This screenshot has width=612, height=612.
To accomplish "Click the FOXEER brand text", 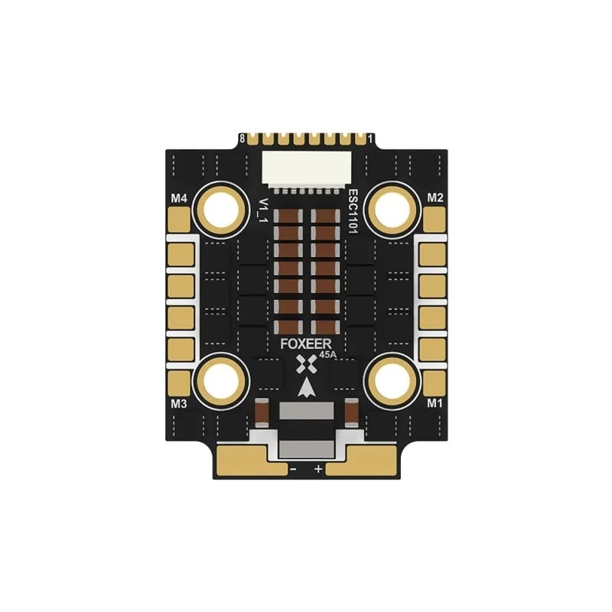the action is tap(306, 344).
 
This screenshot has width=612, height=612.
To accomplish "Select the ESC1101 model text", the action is tap(353, 211).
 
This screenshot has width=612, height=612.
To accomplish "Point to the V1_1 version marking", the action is tap(264, 211).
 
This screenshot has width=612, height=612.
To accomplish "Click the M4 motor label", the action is tap(179, 199).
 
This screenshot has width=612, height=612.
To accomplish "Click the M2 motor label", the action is tap(435, 198).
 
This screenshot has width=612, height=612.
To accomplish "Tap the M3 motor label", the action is tap(179, 404).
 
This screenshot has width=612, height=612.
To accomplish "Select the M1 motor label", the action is tap(435, 403).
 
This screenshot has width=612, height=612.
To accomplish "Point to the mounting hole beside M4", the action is tap(222, 212).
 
